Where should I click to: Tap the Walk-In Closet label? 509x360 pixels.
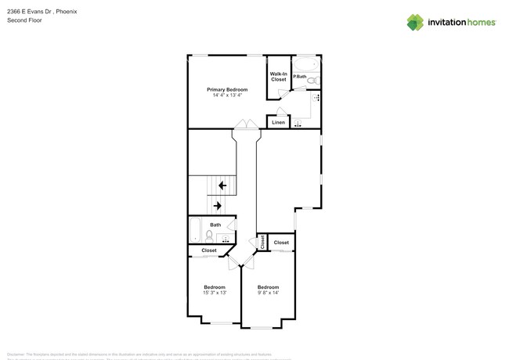click(x=279, y=77)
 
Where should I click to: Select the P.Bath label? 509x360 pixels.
click(x=300, y=77)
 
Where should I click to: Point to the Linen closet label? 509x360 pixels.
click(x=279, y=123)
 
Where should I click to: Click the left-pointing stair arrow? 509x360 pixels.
click(x=222, y=185)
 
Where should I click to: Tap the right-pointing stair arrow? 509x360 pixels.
click(x=218, y=205)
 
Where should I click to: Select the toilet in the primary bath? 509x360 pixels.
click(x=312, y=80)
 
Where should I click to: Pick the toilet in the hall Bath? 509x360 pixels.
click(x=209, y=235)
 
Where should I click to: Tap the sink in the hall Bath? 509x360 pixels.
click(x=225, y=239)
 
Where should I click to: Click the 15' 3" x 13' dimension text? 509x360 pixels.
click(x=215, y=293)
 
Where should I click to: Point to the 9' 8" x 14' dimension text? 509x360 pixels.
click(x=269, y=293)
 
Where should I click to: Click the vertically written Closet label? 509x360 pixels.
click(x=262, y=242)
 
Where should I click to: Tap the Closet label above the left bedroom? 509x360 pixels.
click(x=209, y=250)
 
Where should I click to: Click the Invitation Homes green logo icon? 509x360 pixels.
click(x=415, y=23)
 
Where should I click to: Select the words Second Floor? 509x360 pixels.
click(x=24, y=20)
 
